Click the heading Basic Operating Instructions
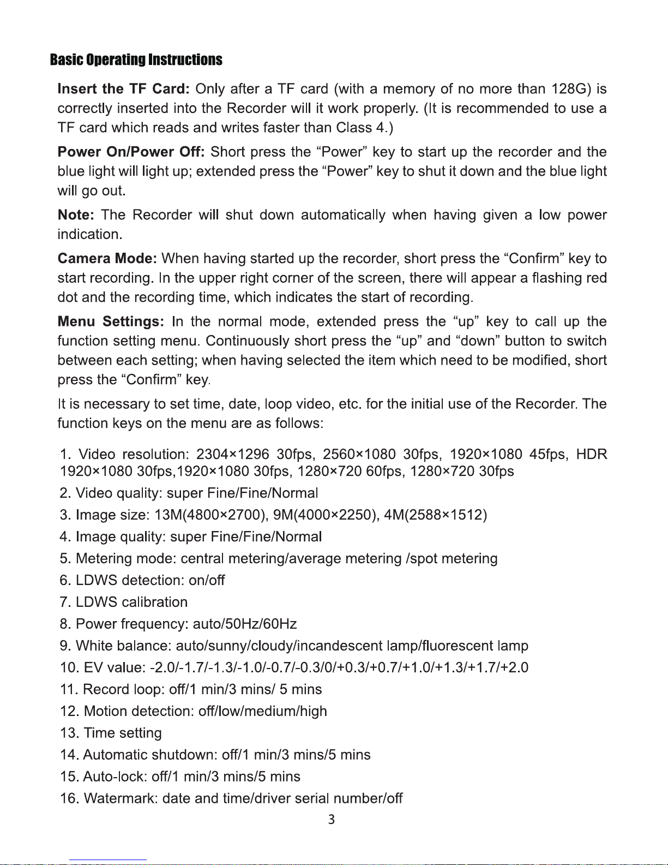[x=136, y=59]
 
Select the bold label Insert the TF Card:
[x=123, y=89]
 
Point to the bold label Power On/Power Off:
[x=131, y=152]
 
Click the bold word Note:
[x=76, y=215]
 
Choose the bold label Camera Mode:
[x=107, y=258]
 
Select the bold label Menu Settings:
[x=111, y=321]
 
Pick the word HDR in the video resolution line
[x=592, y=455]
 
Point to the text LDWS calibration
[x=131, y=602]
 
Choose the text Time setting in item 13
[x=123, y=733]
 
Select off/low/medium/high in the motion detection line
[x=262, y=711]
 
